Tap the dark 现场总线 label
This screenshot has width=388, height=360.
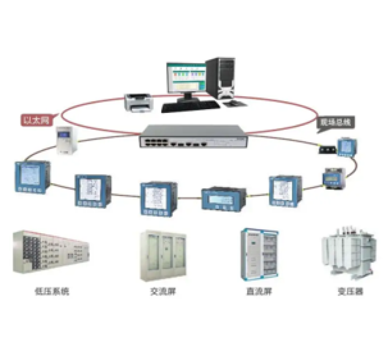tap(334, 121)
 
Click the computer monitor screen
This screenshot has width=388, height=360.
tap(185, 77)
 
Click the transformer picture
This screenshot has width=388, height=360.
tap(348, 253)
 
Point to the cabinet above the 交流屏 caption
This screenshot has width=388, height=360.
tap(162, 254)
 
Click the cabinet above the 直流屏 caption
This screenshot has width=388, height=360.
tap(259, 254)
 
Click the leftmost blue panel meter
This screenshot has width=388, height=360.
tap(32, 177)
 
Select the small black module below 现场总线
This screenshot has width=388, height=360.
tap(325, 150)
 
